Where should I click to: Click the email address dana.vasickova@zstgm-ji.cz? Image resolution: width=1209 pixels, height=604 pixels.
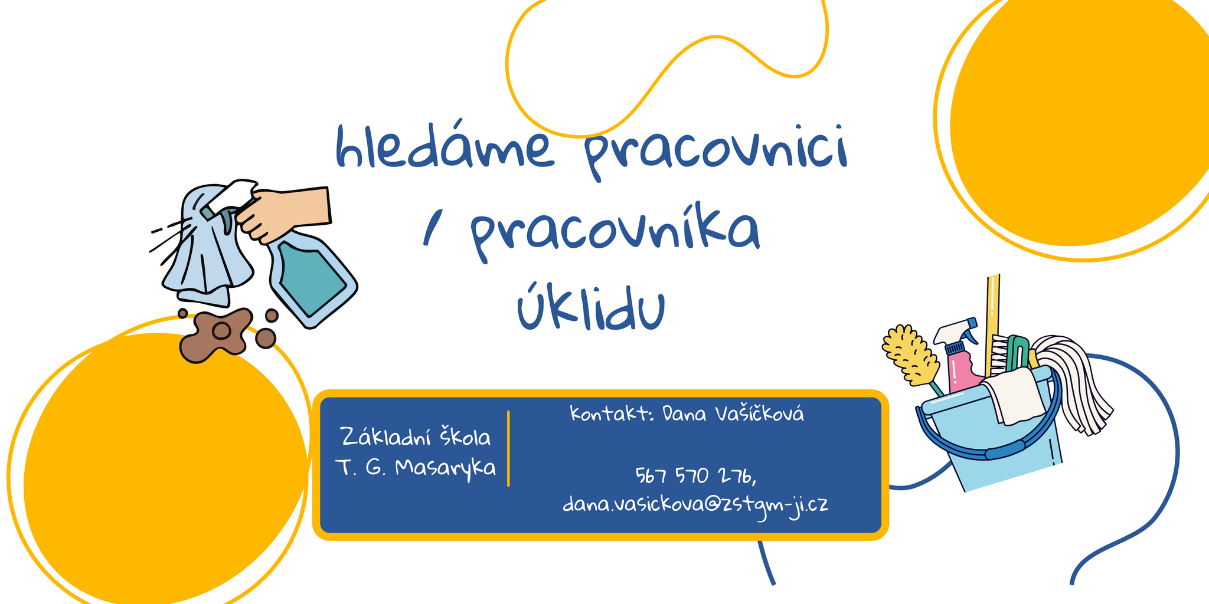[695, 505]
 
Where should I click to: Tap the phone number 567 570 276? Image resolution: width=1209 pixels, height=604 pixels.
[693, 475]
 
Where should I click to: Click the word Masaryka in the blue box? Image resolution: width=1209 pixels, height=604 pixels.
[445, 468]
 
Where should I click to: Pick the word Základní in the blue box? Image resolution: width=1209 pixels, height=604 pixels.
[386, 437]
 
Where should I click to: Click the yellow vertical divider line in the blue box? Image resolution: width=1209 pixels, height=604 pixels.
[508, 449]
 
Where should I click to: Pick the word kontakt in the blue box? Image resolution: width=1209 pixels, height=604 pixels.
[608, 413]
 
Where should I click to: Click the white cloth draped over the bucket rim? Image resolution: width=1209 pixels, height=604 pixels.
[1013, 395]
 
